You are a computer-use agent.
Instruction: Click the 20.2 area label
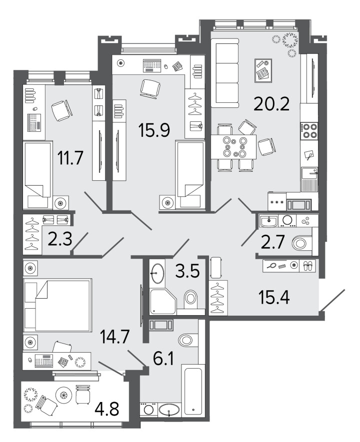coord(271,103)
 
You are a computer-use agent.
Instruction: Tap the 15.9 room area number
coord(154,130)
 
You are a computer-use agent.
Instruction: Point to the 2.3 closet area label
coord(60,240)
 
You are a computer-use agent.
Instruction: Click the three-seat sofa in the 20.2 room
coord(225,73)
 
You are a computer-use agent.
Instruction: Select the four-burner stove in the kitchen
coord(309,131)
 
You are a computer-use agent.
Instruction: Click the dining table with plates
coord(234,147)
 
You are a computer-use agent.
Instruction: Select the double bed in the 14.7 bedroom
coord(58,305)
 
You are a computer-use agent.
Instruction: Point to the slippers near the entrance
coord(308,266)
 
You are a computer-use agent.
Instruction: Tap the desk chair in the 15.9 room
coord(150,88)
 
